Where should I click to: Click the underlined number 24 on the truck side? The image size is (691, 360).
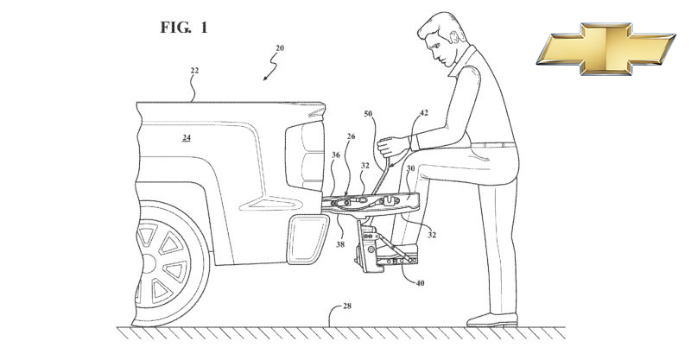186,138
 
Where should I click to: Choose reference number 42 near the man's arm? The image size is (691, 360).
424,112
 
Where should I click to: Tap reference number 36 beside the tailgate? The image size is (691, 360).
334,155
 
